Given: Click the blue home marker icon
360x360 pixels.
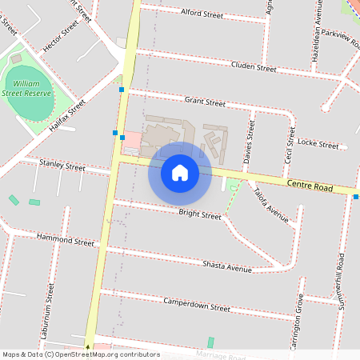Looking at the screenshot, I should coord(180,172).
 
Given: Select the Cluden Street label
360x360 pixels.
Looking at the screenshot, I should coord(253,66).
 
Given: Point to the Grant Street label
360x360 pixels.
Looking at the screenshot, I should coord(205,102).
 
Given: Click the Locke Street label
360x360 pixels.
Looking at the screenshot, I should coord(318,144).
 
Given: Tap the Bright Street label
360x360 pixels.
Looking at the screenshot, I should coord(200,214).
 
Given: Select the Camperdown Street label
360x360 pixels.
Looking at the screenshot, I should coord(197,306).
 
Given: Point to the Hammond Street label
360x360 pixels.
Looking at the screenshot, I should coord(65,240).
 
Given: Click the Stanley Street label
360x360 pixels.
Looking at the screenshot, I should coord(62,167).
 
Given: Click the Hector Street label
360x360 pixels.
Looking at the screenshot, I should coord(61,37).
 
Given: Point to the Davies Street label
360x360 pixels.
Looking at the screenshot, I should coord(249,142).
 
